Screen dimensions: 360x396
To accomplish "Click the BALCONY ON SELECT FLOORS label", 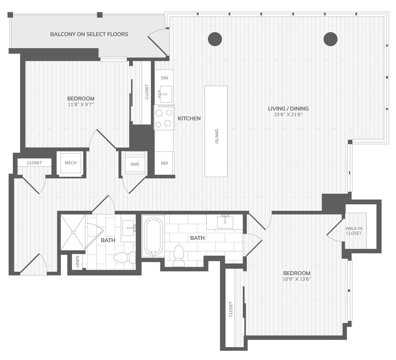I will [89, 34].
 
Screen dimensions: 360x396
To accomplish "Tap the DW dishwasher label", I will [164, 78].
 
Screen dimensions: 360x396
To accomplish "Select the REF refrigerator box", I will [164, 163].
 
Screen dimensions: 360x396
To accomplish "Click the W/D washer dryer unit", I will [134, 163].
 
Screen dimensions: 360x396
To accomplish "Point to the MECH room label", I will [71, 163].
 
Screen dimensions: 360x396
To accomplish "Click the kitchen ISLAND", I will [216, 131].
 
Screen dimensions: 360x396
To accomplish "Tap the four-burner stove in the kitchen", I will [164, 117].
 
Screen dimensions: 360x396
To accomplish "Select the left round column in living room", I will [215, 39].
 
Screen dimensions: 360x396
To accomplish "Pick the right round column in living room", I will [330, 39].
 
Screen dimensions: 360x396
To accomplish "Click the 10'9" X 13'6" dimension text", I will [297, 279].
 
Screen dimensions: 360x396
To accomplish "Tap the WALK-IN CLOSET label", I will [354, 231].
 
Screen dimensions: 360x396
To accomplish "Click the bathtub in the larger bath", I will [153, 237].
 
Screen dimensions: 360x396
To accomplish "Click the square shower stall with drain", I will [73, 232].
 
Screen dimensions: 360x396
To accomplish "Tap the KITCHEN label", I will [189, 119].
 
